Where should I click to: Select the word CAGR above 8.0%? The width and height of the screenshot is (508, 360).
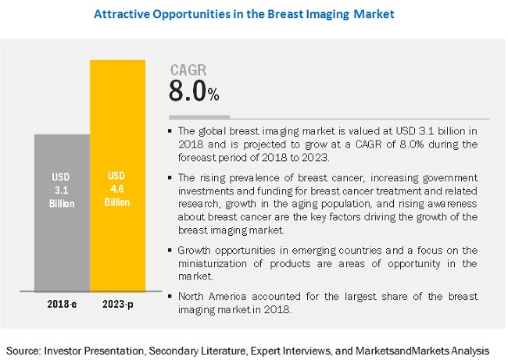tap(188, 72)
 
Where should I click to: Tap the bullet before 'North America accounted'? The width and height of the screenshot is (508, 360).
tap(172, 296)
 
